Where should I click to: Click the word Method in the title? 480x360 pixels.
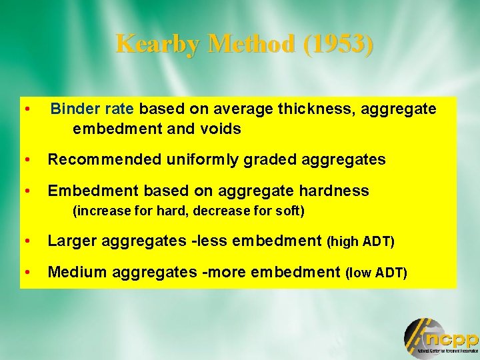point(250,44)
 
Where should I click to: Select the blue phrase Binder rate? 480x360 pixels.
point(93,109)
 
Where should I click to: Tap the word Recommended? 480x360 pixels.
point(105,160)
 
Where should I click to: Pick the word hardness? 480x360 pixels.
point(333,191)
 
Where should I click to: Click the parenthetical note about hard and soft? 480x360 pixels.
point(189,212)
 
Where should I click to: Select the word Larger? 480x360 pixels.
point(73,241)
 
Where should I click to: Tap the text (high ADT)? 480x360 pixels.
point(361,242)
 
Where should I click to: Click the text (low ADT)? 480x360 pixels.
point(376,273)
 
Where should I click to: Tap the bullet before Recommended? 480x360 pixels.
point(26,160)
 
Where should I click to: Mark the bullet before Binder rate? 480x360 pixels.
point(26,109)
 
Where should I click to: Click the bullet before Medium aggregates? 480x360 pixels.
point(26,272)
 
